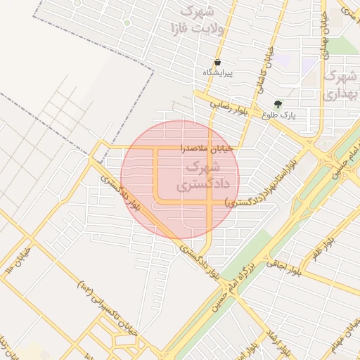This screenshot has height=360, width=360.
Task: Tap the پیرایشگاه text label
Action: pos(218,73)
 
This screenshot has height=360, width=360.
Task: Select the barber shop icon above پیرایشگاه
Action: pos(218,63)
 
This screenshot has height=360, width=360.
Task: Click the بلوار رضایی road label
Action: pos(229,108)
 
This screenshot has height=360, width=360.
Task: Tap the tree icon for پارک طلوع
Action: pos(278,103)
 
